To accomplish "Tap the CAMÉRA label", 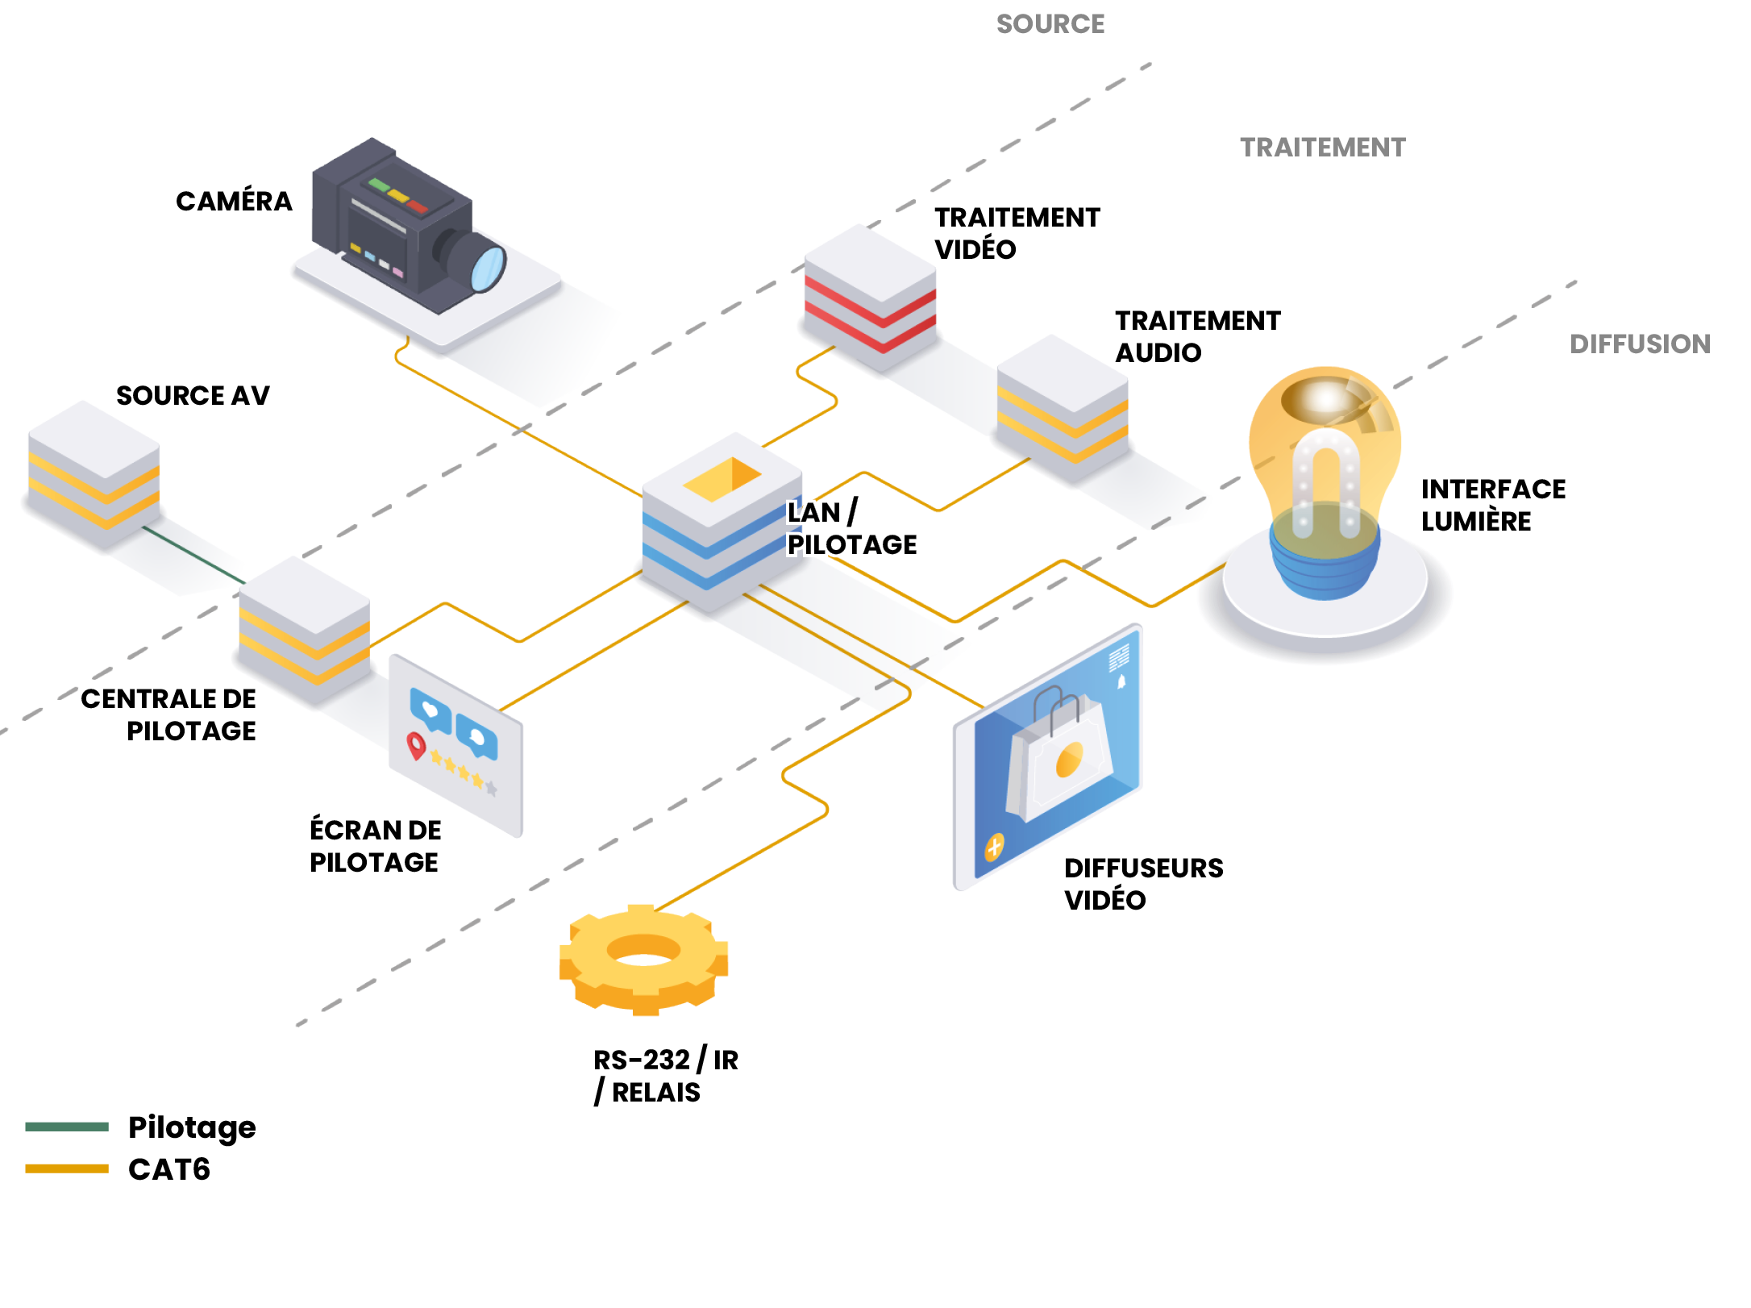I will pyautogui.click(x=234, y=202).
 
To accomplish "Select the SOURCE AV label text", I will pyautogui.click(x=193, y=396).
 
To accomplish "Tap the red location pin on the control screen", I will pyautogui.click(x=416, y=745).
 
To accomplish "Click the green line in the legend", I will pyautogui.click(x=67, y=1127).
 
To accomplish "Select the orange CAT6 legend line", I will pyautogui.click(x=67, y=1168).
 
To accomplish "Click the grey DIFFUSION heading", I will pyautogui.click(x=1640, y=344).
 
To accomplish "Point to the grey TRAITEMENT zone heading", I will pyautogui.click(x=1322, y=148).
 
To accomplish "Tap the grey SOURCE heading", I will pyautogui.click(x=1050, y=24).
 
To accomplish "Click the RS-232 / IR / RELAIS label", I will pyautogui.click(x=665, y=1076).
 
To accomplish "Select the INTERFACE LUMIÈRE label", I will pyautogui.click(x=1492, y=505).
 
